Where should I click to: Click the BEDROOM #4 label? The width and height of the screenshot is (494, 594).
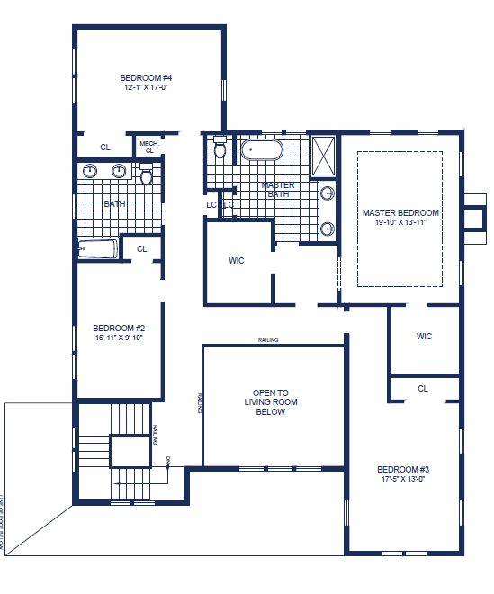[146, 77]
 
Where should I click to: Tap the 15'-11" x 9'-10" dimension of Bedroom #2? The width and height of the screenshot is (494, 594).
[119, 337]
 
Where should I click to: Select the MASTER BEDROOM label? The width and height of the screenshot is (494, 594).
[400, 213]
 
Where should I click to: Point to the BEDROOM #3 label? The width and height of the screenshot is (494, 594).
[402, 469]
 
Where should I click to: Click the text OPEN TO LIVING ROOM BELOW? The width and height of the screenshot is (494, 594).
[270, 402]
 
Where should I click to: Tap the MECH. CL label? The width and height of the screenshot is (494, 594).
[148, 146]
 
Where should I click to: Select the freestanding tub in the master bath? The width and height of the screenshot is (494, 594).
[262, 148]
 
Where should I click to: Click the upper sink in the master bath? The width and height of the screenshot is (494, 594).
[328, 193]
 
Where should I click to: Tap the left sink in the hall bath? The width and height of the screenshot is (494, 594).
[90, 172]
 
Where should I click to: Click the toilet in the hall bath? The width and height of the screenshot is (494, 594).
[147, 176]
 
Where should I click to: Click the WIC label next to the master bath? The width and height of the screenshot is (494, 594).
[237, 261]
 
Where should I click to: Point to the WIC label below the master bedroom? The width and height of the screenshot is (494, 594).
[424, 337]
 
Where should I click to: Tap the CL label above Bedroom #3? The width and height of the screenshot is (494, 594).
[423, 389]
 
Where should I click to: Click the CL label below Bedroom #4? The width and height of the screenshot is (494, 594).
[104, 148]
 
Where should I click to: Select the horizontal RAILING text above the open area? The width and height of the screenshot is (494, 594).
[267, 340]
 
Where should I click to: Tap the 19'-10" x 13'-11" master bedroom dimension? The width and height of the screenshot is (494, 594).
[400, 224]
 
